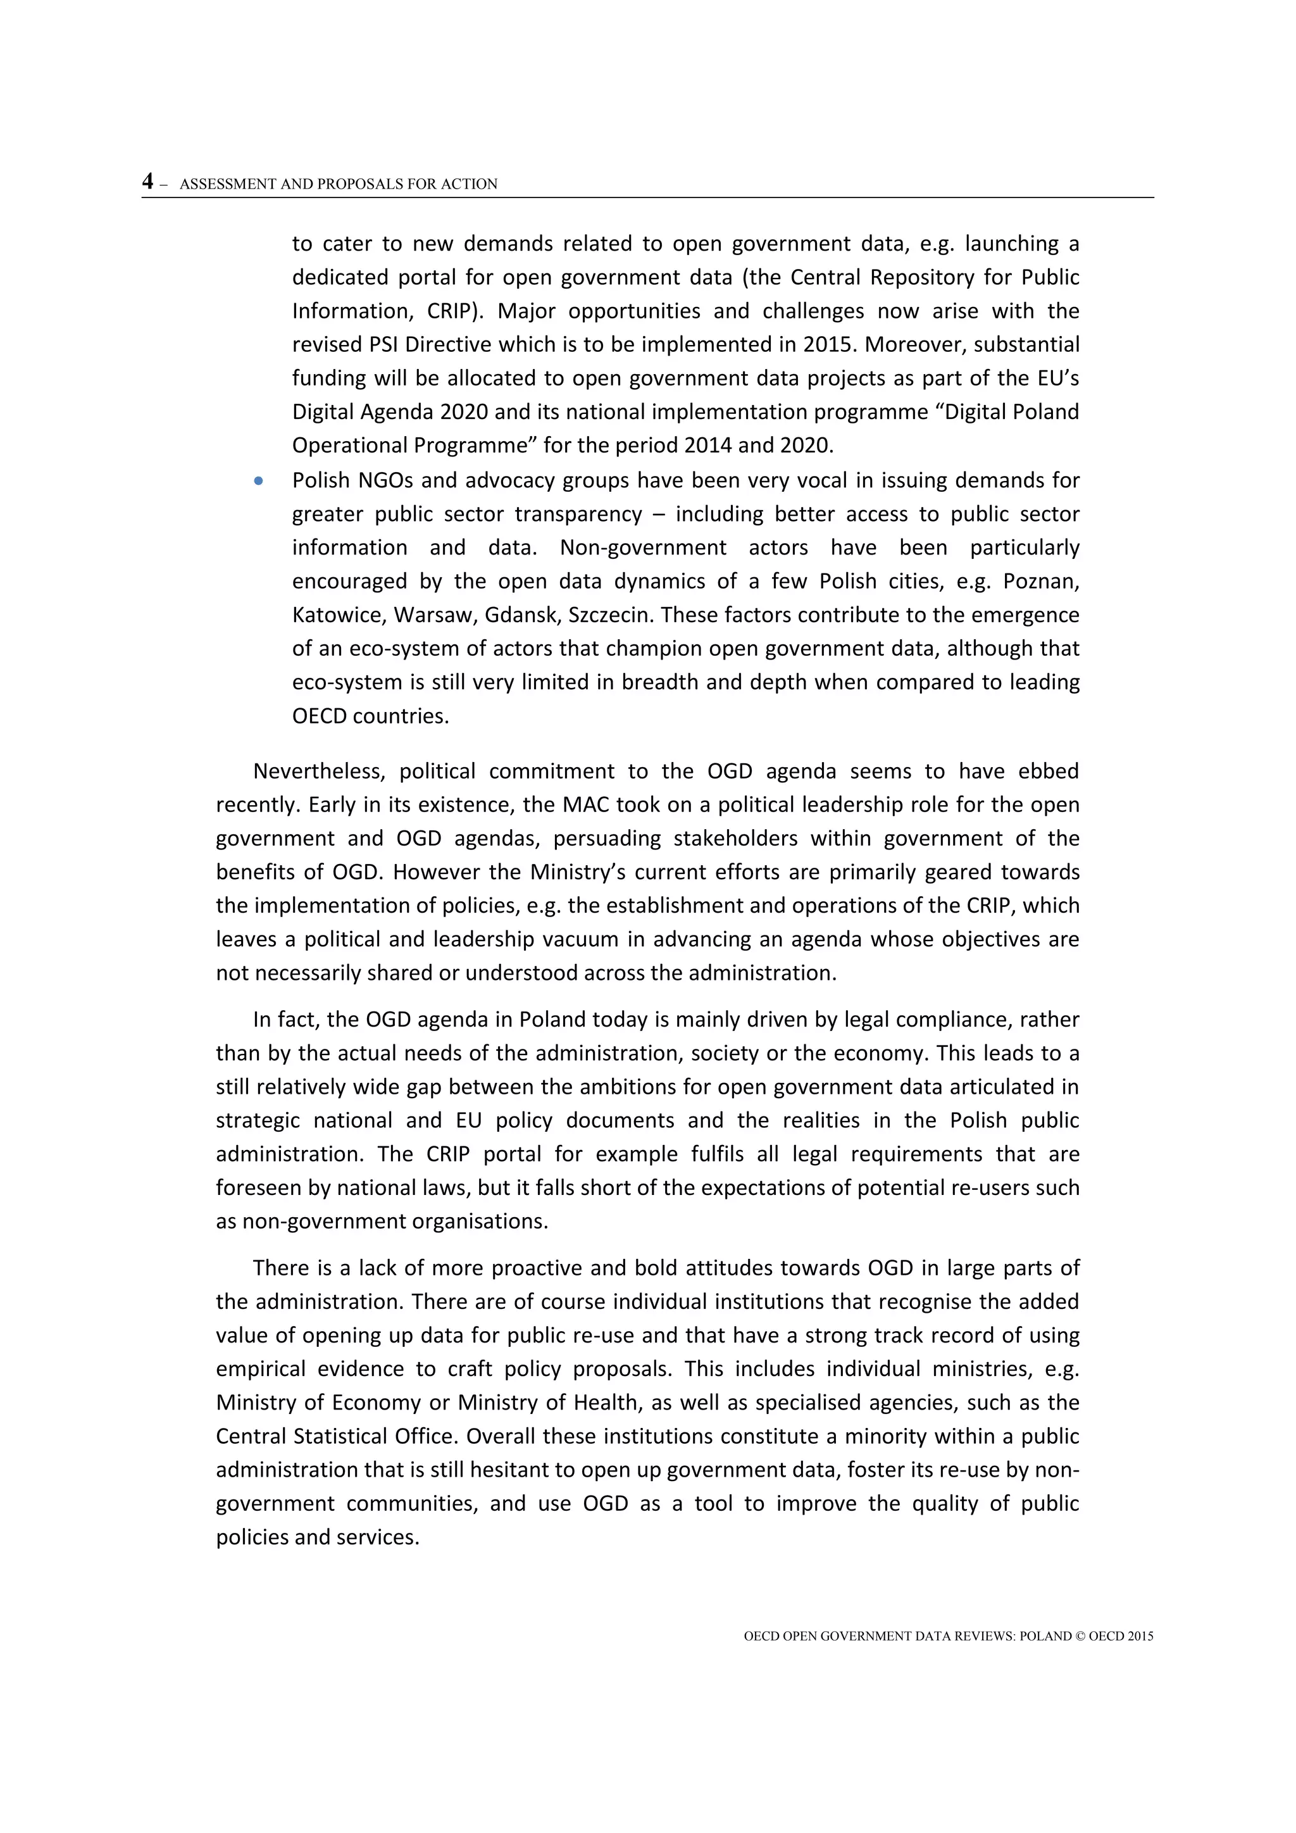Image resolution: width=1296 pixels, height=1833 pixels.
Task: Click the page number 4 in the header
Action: point(147,182)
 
